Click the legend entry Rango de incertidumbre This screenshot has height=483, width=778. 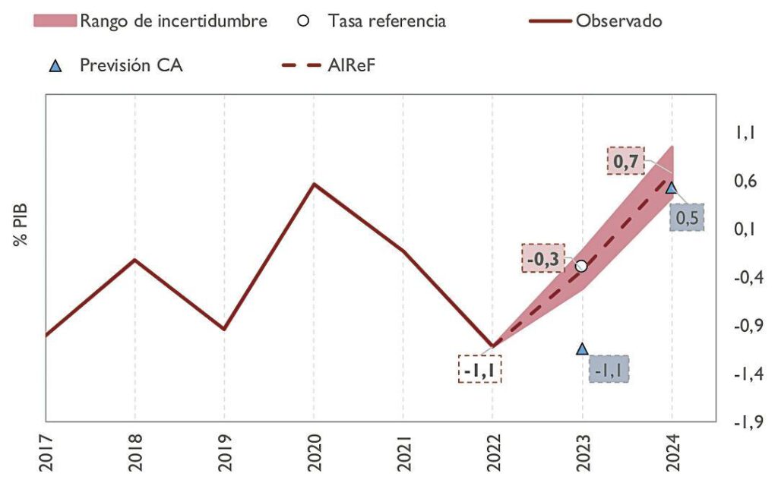[x=151, y=21]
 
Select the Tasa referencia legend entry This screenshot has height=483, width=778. [x=372, y=21]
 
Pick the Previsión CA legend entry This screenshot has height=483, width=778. [x=114, y=66]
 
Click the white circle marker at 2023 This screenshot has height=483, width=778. [x=582, y=266]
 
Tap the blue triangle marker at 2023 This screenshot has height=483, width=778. [x=582, y=349]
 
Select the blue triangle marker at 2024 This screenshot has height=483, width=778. [x=672, y=187]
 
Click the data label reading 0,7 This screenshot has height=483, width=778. [x=626, y=161]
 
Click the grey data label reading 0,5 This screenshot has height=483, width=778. [x=686, y=218]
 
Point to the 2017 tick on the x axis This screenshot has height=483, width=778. [x=46, y=451]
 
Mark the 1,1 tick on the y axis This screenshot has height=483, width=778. [x=744, y=133]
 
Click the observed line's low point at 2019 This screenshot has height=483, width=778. [x=224, y=329]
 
